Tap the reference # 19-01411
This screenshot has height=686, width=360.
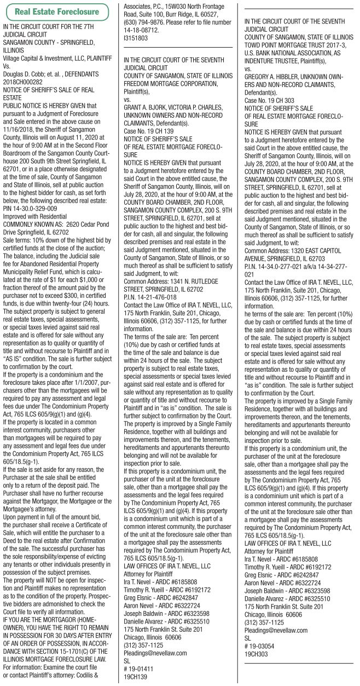click(139, 668)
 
